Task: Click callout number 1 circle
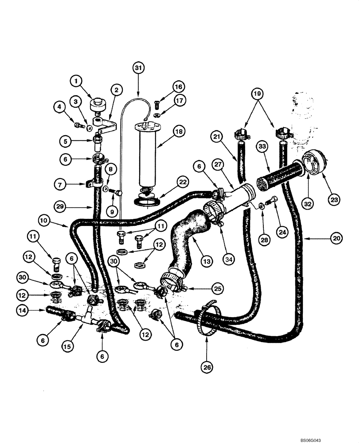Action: coord(77,81)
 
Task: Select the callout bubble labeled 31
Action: coord(138,67)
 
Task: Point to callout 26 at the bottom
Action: coord(207,367)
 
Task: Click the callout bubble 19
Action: coord(258,94)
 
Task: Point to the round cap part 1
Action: coord(97,106)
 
